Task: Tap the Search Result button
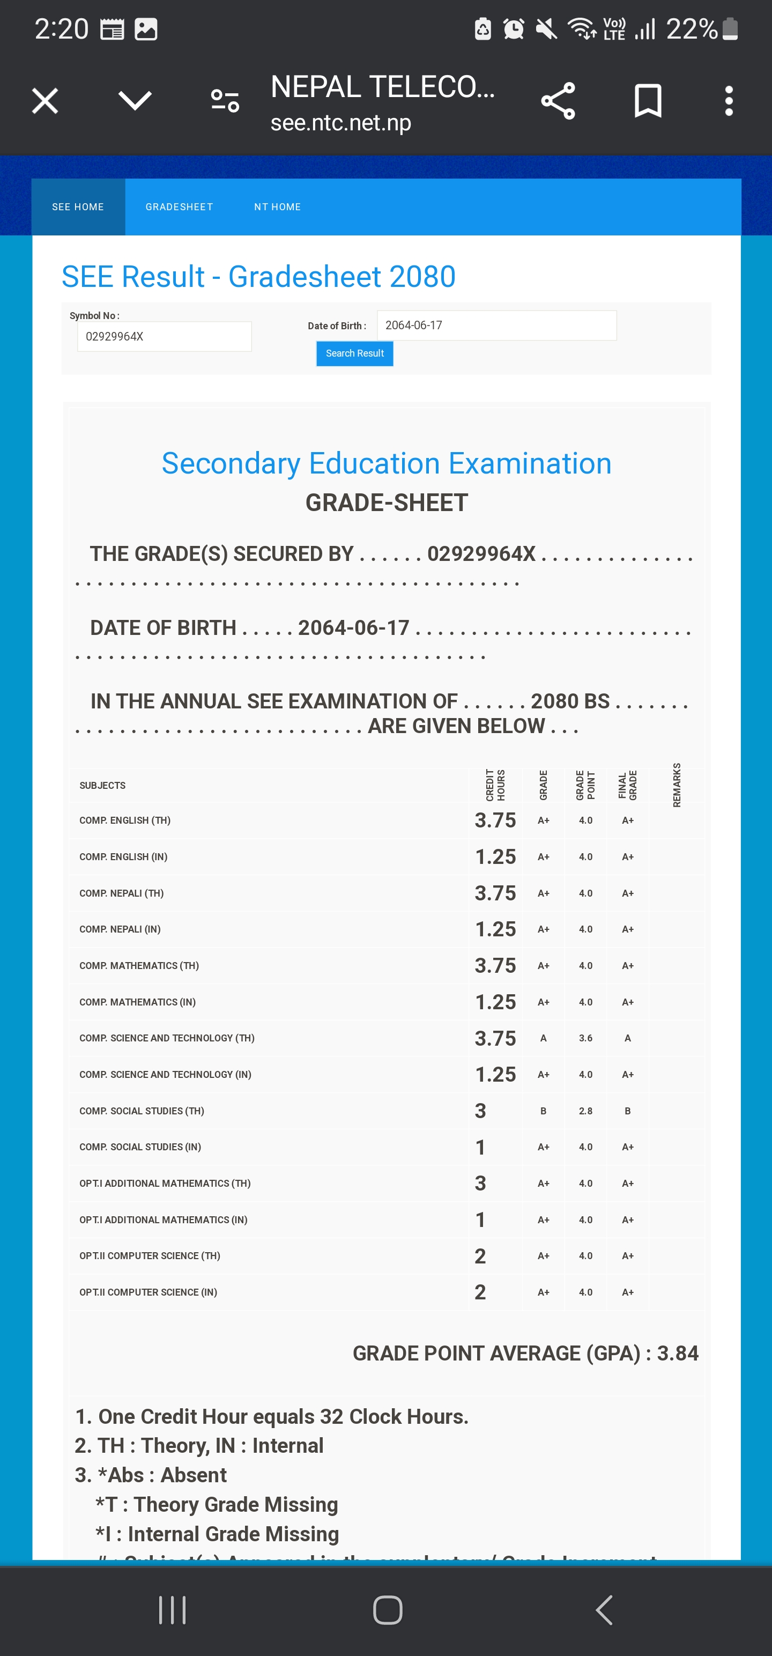[354, 353]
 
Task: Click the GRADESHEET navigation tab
[179, 207]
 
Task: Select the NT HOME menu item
[277, 207]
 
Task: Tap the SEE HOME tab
[78, 207]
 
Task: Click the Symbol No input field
[164, 337]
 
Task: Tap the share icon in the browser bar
[558, 101]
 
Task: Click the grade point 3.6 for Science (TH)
[585, 1038]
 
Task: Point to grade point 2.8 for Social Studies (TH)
[585, 1111]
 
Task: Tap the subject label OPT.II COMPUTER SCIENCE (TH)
[150, 1256]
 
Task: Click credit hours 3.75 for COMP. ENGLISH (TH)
[495, 820]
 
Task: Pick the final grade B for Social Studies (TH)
[627, 1111]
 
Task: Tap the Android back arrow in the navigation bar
[604, 1610]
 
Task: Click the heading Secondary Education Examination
[387, 463]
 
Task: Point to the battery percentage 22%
[692, 29]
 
